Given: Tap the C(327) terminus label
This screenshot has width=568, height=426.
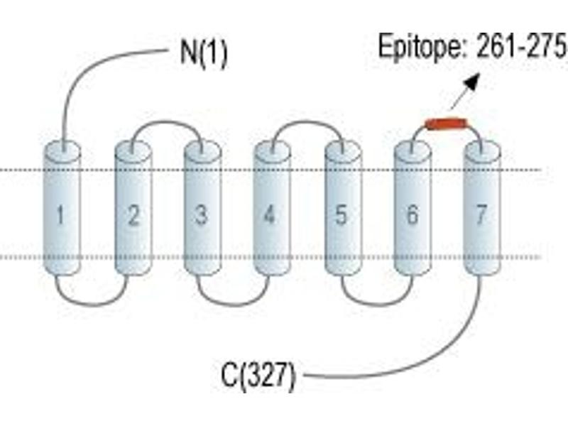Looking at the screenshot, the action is (x=258, y=376).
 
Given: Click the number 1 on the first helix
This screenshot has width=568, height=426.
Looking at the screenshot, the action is (x=60, y=214).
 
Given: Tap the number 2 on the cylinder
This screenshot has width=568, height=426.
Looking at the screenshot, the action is (x=133, y=215).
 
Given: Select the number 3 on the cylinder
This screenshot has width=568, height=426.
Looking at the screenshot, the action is (x=202, y=214).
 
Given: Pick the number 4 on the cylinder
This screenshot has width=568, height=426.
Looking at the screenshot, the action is (x=270, y=214).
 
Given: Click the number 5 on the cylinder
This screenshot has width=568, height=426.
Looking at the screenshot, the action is (x=341, y=215).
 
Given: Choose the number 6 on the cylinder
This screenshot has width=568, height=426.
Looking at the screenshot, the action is (x=413, y=214).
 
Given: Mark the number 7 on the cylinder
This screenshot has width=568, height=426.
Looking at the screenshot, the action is (x=481, y=214).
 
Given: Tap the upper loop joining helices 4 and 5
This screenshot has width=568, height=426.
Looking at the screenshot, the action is (x=308, y=121).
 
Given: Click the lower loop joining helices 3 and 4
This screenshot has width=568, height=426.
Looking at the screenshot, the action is (x=234, y=305).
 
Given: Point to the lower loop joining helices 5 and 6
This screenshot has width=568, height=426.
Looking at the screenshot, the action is (x=377, y=305).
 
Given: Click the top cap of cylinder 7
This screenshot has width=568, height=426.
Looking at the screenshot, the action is (x=482, y=151).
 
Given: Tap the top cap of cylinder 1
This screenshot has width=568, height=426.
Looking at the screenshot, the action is (x=62, y=151).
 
